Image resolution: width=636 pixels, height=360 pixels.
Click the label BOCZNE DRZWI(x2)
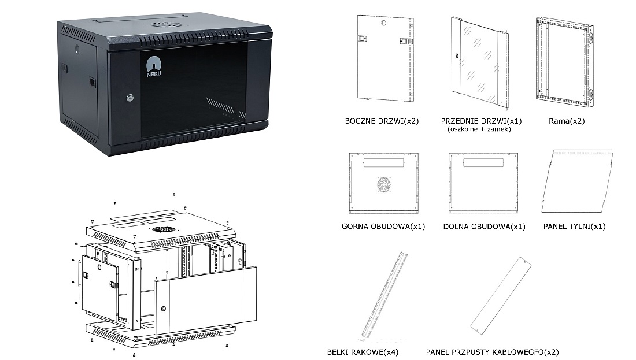(x=382, y=121)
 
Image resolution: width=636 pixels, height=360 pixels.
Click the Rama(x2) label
(x=563, y=121)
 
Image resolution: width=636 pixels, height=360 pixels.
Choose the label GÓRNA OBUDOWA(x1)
(x=383, y=226)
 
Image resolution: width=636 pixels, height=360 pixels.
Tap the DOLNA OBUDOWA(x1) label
(x=485, y=227)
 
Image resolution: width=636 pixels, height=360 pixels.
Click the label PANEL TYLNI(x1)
(x=574, y=226)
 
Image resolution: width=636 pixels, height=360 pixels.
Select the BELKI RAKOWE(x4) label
(x=363, y=351)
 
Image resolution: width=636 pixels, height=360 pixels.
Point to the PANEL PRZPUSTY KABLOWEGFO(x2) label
(x=492, y=351)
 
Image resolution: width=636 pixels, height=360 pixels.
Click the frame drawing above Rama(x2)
(x=564, y=62)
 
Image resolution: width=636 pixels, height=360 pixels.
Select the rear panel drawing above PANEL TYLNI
(x=576, y=181)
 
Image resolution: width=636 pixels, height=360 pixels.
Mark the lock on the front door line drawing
(x=457, y=57)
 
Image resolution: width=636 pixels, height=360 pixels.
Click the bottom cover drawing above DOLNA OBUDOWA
(x=483, y=181)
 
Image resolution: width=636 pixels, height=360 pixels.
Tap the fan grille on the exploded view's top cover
(x=164, y=229)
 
